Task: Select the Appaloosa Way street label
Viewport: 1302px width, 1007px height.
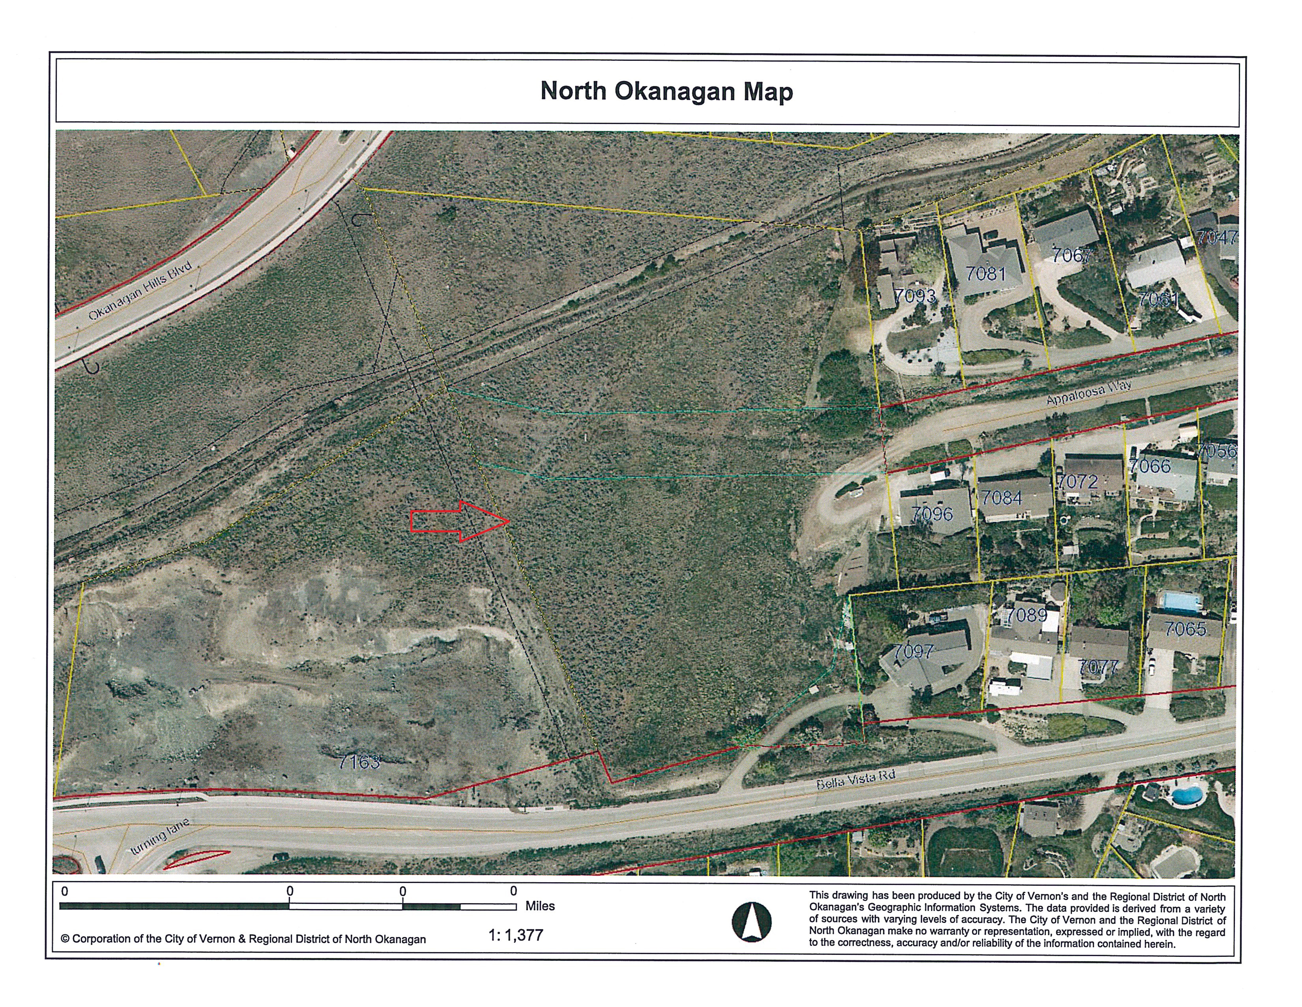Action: click(x=1089, y=394)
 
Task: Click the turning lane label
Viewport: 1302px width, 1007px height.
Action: click(x=160, y=836)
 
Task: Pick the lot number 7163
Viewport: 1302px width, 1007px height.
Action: click(x=359, y=761)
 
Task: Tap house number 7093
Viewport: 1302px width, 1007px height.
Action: click(x=915, y=295)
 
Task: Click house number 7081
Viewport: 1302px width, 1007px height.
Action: click(x=986, y=273)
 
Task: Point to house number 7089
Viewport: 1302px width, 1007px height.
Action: click(x=1027, y=614)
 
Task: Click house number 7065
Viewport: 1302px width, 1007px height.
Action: click(x=1185, y=629)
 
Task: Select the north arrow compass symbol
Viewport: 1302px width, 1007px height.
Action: click(x=751, y=922)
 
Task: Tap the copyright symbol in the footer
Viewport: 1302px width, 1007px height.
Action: click(x=65, y=939)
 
